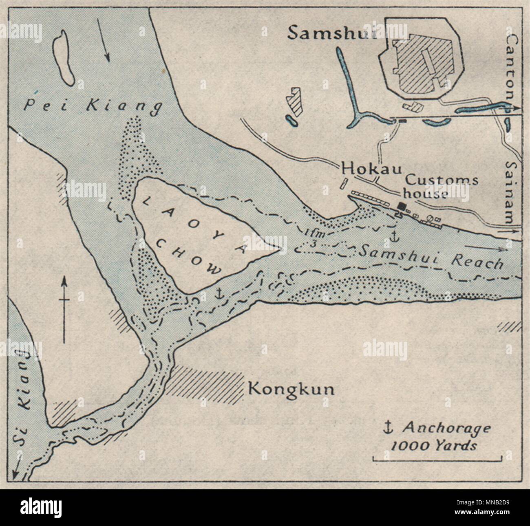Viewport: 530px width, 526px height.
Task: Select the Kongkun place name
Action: [x=291, y=389]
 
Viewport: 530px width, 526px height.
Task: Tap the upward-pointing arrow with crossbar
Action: [x=64, y=309]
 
